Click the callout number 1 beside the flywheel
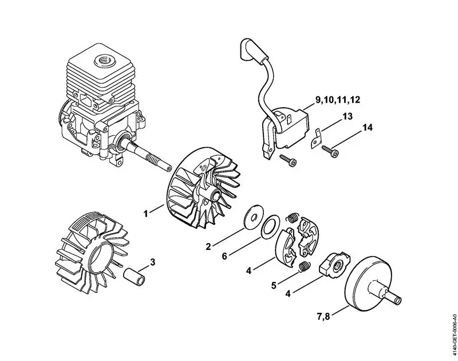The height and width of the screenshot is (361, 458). [x=146, y=213]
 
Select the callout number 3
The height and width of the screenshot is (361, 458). [x=152, y=263]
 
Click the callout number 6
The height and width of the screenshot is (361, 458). [x=225, y=256]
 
